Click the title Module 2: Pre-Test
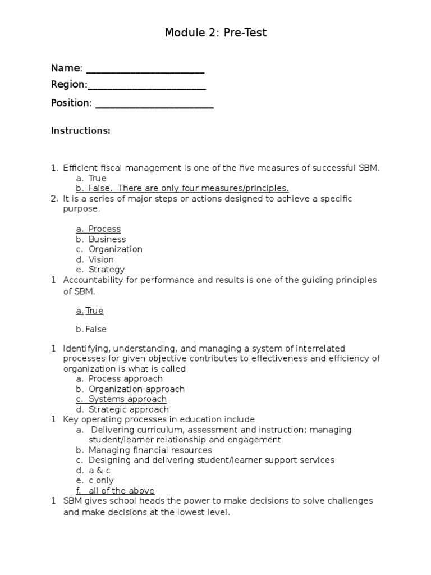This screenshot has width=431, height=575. tap(215, 33)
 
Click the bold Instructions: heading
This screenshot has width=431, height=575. tap(80, 131)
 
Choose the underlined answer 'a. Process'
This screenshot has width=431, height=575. tap(99, 229)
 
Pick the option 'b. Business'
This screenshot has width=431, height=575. tap(101, 239)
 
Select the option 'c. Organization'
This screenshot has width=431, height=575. tap(109, 249)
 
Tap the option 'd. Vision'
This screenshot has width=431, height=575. tap(95, 259)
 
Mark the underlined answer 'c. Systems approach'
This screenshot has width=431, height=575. tap(122, 399)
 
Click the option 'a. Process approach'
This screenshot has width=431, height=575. tap(120, 379)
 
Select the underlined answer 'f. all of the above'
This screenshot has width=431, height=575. tap(116, 491)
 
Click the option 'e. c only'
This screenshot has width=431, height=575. tap(95, 481)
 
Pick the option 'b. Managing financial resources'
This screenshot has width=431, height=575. tap(144, 450)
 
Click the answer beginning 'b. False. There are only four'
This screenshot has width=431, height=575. tap(182, 188)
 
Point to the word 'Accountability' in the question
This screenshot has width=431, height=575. tap(91, 280)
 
